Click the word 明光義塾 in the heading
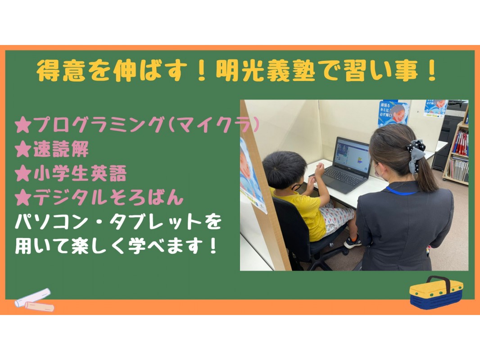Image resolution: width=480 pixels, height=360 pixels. coord(265,71)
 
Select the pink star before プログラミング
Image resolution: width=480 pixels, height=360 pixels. coord(23,126)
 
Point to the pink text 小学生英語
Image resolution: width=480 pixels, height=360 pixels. coord(80,173)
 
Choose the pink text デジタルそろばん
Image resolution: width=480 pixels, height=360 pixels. coord(108,198)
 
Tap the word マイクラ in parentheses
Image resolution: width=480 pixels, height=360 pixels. coord(214,126)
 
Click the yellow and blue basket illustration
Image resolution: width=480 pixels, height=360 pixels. coord(436,292)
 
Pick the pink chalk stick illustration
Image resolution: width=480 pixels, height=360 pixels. coord(40,306)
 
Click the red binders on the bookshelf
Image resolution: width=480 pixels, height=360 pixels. coord(460,143)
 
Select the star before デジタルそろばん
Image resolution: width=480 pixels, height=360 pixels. coord(23,198)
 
